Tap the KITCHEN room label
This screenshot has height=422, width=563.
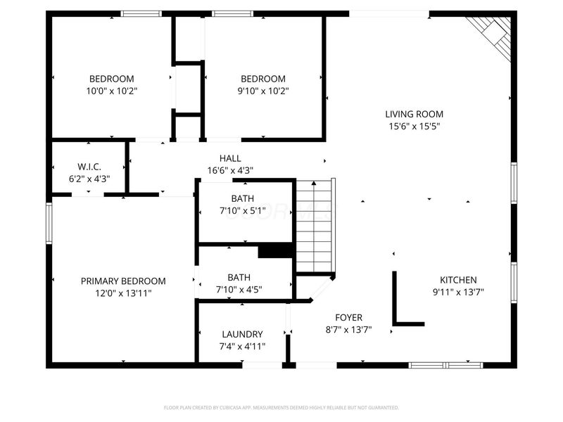point(458,279)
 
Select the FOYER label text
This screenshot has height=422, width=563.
point(348,316)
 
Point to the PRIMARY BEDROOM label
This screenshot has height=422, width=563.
point(123,281)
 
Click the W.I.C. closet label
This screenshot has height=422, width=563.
point(89,167)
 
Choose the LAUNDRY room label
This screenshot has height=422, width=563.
point(242,334)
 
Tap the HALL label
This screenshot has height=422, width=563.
point(230,158)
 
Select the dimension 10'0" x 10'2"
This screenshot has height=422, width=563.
point(111,91)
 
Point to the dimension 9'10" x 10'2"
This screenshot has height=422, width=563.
point(263,91)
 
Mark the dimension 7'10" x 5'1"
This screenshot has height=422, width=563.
point(242,210)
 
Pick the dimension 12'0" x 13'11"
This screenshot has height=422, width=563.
point(123,293)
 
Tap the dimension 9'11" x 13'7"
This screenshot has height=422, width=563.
point(458,292)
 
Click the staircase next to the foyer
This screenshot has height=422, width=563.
point(314,225)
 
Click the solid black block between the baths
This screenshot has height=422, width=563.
point(275,251)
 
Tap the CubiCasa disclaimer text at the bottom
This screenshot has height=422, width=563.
point(281,407)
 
